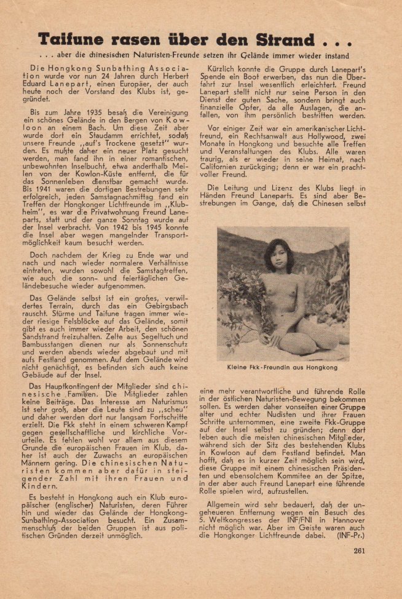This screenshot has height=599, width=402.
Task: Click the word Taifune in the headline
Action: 71,41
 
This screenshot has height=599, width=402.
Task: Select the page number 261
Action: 360,567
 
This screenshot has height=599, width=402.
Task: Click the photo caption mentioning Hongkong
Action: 282,367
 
